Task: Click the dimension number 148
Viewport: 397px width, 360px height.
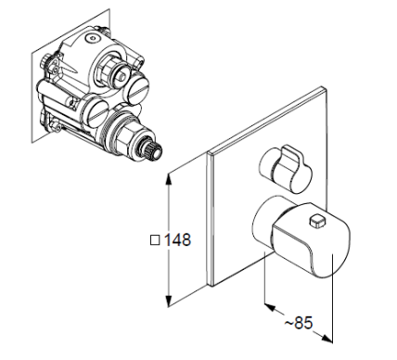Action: tap(177, 240)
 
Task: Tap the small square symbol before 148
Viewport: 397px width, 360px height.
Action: tap(155, 240)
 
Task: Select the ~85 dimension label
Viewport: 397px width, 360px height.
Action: tap(299, 323)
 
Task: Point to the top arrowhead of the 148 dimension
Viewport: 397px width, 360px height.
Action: tap(169, 178)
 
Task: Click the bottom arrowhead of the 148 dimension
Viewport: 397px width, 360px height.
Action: tap(169, 302)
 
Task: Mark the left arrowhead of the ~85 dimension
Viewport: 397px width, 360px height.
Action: tap(270, 308)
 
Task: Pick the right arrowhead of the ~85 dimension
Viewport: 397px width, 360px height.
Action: tap(327, 338)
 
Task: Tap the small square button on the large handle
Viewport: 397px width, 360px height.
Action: tap(318, 222)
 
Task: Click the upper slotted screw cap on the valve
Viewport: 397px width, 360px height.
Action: tap(138, 87)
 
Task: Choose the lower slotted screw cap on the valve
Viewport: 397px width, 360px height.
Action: tap(96, 112)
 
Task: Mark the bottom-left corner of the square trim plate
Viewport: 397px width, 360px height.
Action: tap(210, 285)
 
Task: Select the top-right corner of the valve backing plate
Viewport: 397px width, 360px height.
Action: tap(109, 9)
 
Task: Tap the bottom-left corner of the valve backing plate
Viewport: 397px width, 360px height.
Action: tap(32, 143)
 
